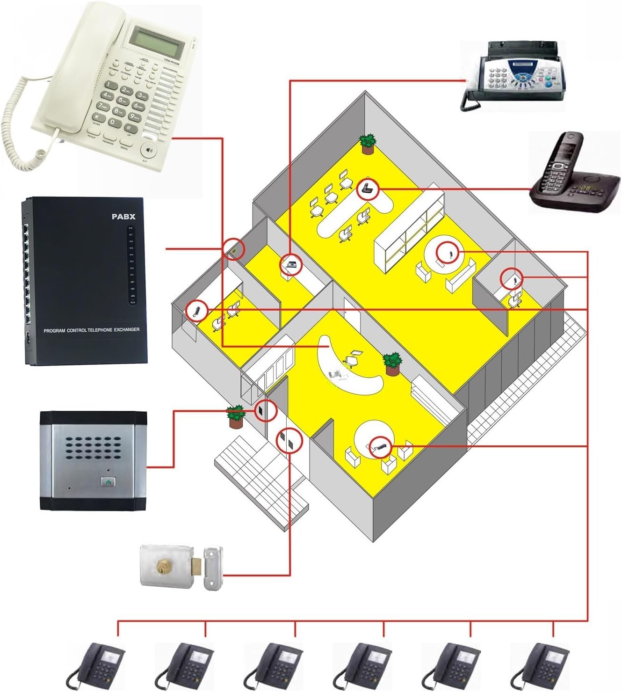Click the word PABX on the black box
coord(123,217)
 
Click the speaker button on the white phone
coord(149,150)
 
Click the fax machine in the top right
coord(514,75)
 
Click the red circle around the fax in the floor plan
coord(291,265)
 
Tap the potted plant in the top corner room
coord(368,144)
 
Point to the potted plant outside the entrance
coord(235,416)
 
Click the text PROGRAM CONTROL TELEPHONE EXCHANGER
coord(92,330)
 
